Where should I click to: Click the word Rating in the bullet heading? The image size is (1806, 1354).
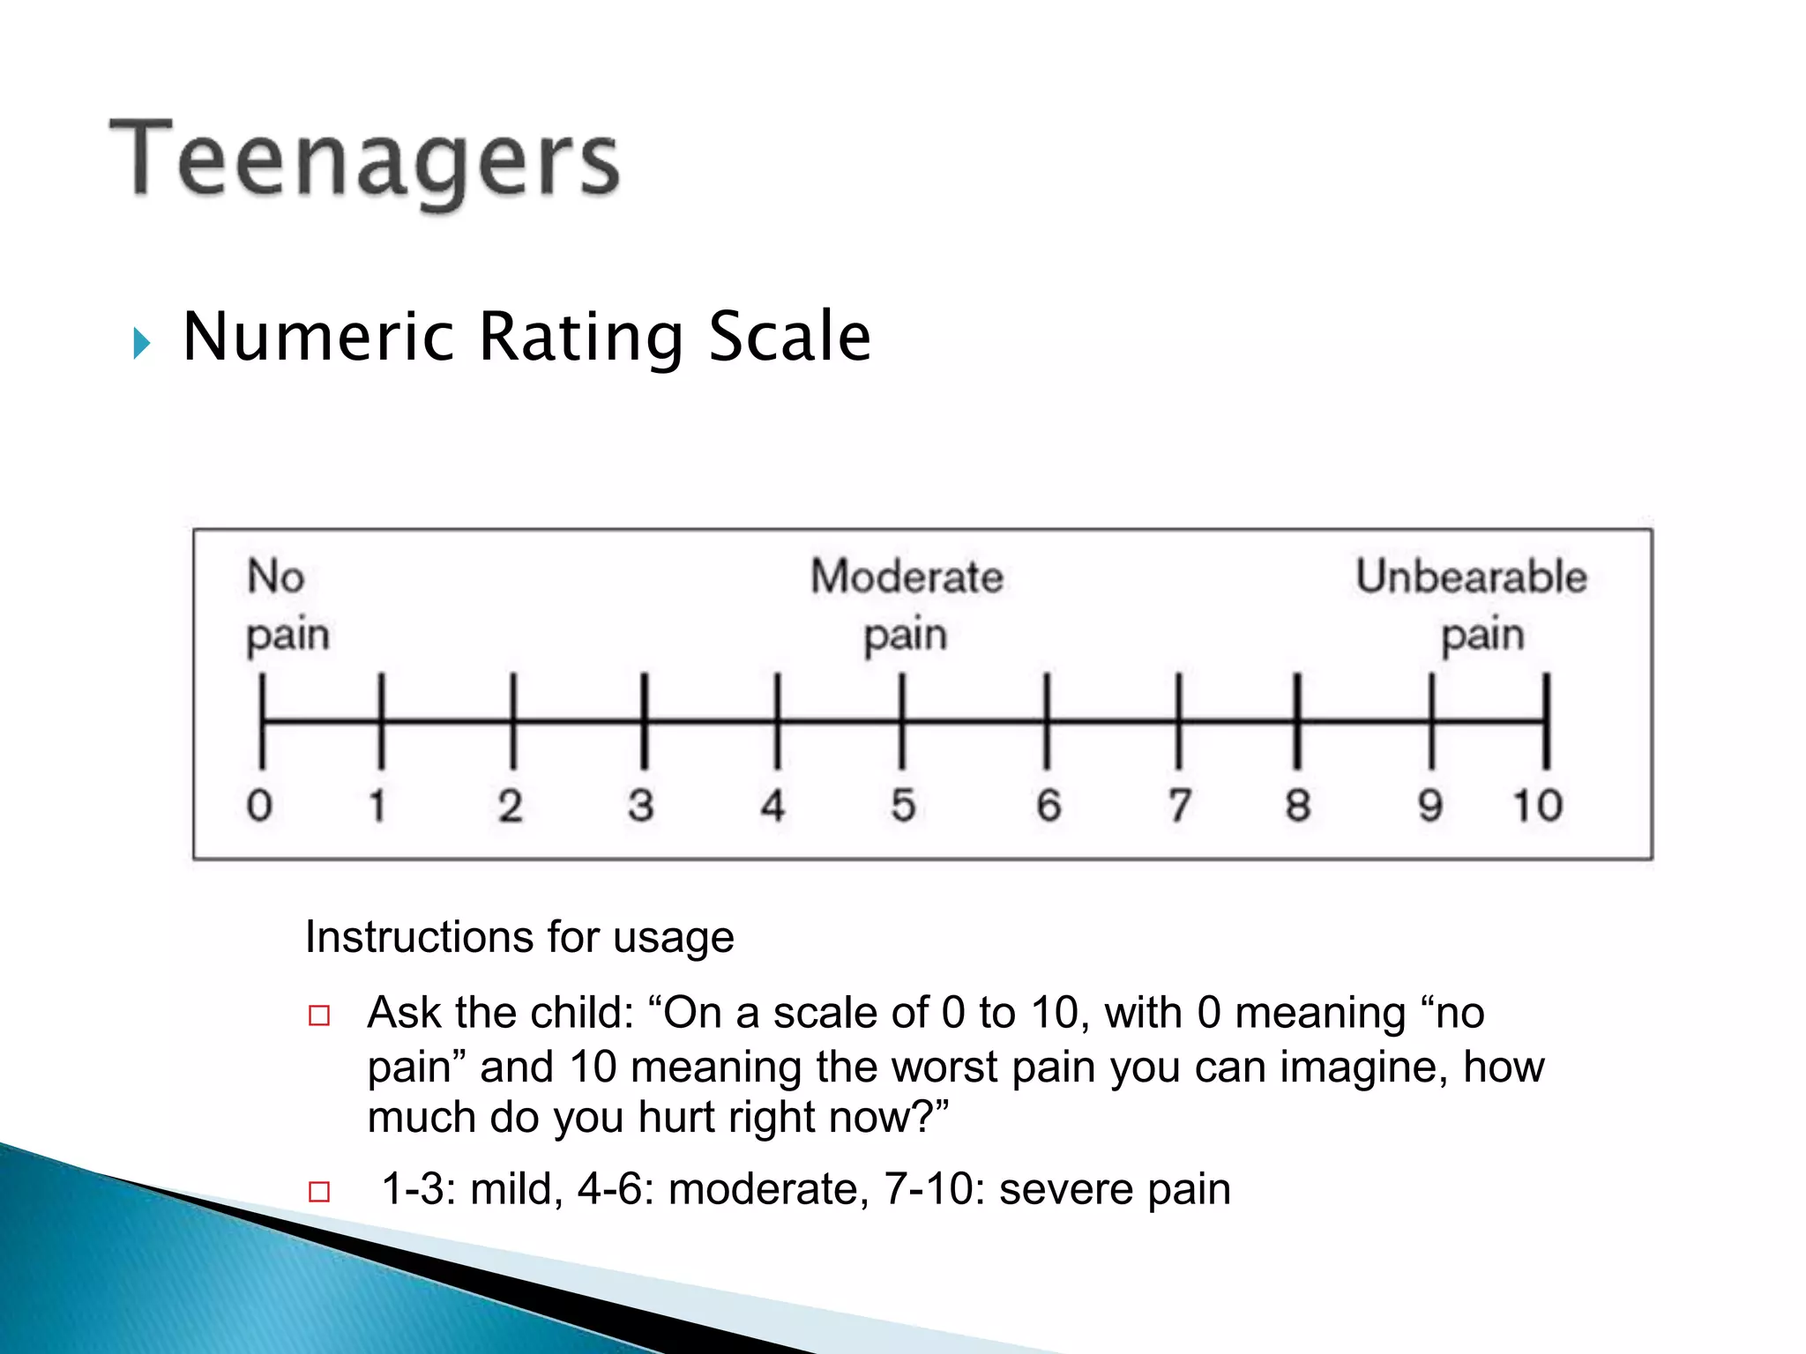coord(581,338)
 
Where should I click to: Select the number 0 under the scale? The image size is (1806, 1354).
coord(259,805)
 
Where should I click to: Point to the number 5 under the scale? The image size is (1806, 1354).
coord(903,805)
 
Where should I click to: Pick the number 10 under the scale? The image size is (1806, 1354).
coord(1537,805)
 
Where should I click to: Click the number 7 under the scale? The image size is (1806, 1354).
coord(1180,805)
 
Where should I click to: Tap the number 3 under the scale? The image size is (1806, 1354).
coord(641,805)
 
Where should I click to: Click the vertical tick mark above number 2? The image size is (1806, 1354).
coord(513,720)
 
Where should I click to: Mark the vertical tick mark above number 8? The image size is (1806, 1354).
coord(1297,720)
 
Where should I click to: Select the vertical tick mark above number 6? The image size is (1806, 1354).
coord(1047,720)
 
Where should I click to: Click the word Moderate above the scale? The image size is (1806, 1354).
coord(907,577)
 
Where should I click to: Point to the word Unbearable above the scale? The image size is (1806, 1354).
coord(1471,577)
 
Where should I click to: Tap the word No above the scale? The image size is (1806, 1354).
coord(276,577)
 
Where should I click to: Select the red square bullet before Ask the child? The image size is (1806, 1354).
coord(319,1015)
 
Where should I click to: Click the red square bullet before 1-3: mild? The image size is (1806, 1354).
coord(319,1192)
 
